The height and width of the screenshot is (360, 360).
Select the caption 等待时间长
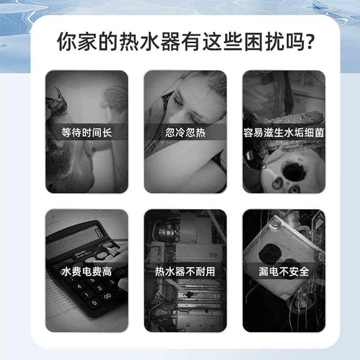[87, 132]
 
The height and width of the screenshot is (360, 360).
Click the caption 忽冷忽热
[185, 132]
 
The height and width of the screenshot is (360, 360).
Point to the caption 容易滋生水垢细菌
[284, 132]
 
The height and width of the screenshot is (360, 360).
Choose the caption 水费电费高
[87, 272]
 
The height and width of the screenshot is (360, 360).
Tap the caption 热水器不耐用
[185, 272]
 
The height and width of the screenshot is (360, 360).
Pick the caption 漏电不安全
[284, 272]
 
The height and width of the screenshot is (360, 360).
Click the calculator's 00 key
[107, 297]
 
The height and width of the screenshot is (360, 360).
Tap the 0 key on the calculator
[94, 303]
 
